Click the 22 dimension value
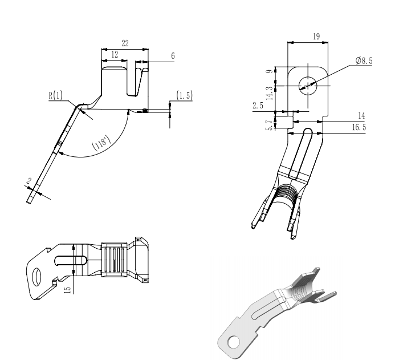(125, 43)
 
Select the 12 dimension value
(115, 55)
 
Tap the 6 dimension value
(173, 56)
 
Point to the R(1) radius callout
(56, 95)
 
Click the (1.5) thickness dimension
(185, 95)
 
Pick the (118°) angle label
(101, 143)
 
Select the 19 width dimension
(316, 37)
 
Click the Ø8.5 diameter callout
(364, 60)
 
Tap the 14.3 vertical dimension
(270, 93)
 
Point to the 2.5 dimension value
(258, 106)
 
